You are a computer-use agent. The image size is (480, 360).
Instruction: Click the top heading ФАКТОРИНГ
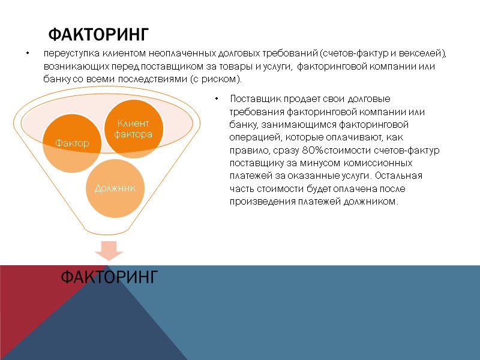pos(98,32)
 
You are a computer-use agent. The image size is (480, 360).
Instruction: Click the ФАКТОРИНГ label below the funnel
pos(110,277)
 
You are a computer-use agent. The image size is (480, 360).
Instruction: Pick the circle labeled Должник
pos(114,188)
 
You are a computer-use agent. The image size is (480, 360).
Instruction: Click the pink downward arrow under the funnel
pos(110,251)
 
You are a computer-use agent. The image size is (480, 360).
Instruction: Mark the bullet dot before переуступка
pos(27,54)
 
